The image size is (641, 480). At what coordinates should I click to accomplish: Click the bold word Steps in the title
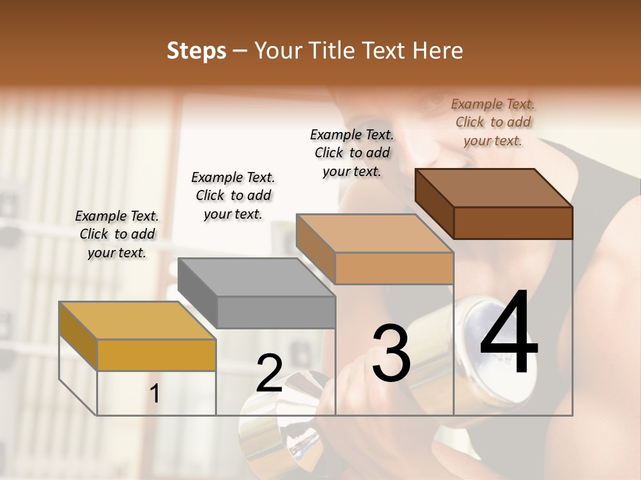tap(196, 51)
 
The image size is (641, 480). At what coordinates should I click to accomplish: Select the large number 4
tap(509, 333)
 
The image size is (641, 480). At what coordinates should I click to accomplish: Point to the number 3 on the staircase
tap(391, 353)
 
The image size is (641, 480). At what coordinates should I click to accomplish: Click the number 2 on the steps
tap(269, 373)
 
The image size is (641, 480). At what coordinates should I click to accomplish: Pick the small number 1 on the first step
tap(155, 394)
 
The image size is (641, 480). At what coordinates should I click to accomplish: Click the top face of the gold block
tap(138, 321)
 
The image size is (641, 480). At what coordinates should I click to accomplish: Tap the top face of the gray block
tap(256, 277)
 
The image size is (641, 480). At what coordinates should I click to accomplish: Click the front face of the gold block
tap(156, 355)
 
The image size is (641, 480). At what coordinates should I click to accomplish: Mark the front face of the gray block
tap(276, 312)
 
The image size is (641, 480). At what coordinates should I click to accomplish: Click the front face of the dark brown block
tap(513, 223)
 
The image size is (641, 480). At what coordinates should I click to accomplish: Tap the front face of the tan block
tap(394, 268)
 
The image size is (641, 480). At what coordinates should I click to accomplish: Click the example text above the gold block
tap(117, 235)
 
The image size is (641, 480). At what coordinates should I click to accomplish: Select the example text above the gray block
tap(233, 195)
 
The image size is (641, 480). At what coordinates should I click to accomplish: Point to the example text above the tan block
tap(352, 153)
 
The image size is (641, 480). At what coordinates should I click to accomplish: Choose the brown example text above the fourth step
tap(493, 122)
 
